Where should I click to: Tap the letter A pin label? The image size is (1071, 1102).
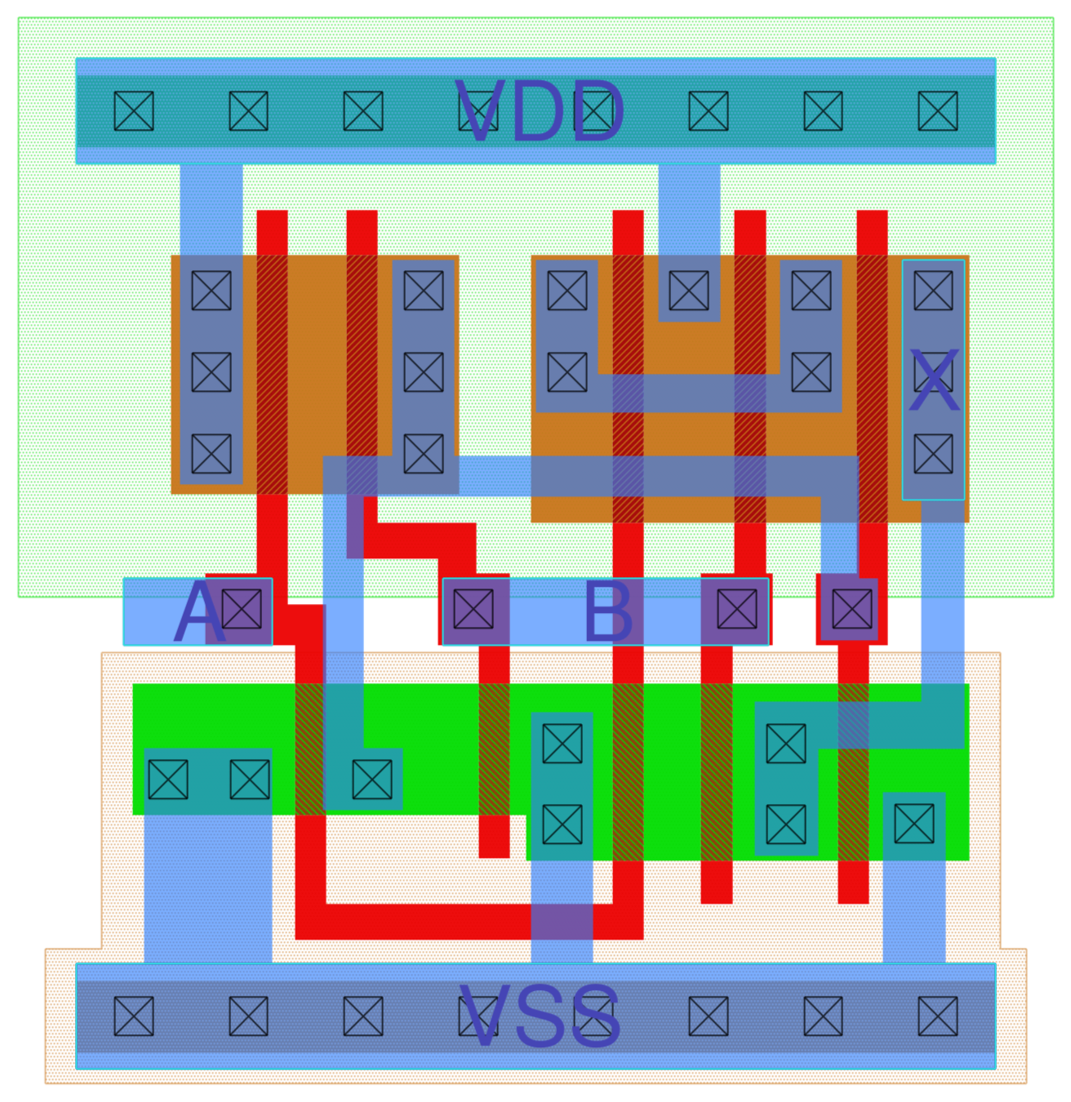coord(198,613)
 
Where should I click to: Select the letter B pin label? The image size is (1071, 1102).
coord(608,613)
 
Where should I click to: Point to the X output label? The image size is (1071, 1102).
coord(933,381)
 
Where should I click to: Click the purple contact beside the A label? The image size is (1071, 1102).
coord(242,610)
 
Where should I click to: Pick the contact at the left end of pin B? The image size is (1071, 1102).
coord(473,610)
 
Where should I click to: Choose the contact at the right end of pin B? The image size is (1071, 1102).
coord(737,610)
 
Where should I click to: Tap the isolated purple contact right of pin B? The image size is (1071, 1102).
coord(851,609)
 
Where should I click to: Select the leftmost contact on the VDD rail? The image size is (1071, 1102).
coord(134,111)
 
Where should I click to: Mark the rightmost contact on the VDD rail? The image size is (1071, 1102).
coord(938,111)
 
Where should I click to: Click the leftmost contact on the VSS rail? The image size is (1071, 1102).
coord(134,1017)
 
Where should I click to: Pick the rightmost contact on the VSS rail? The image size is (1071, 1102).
coord(938,1017)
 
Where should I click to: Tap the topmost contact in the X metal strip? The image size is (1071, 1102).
coord(933,291)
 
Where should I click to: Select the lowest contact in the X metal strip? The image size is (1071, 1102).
coord(933,454)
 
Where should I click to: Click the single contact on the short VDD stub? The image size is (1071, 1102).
coord(689,291)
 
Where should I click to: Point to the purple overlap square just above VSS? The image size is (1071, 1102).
coord(562,922)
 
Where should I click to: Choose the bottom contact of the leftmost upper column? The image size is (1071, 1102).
coord(211,454)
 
